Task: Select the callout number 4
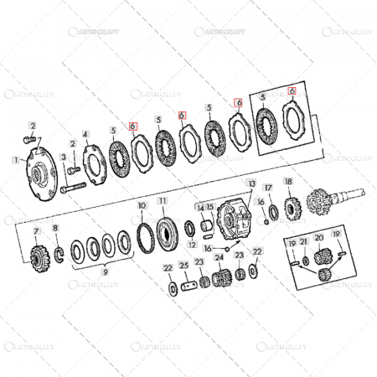tap(85, 133)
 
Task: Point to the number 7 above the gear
tap(35, 230)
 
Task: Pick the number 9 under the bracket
tap(104, 272)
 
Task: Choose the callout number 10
tap(141, 204)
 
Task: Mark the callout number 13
tap(250, 182)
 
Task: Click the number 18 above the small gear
tap(287, 181)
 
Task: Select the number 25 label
tap(183, 267)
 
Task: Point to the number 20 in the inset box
tap(318, 236)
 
